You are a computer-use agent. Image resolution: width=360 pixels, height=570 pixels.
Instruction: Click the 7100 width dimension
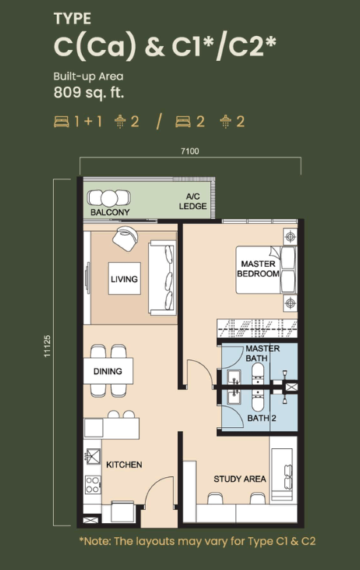tap(190, 150)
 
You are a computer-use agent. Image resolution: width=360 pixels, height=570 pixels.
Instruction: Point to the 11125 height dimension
tap(48, 346)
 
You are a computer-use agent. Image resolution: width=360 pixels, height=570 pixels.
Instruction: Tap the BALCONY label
tap(110, 212)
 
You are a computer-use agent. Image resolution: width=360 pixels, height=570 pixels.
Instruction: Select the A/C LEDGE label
tap(192, 201)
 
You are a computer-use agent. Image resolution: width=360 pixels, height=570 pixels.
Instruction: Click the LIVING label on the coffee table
tap(124, 279)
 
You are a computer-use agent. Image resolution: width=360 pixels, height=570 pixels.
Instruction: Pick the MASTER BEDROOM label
tap(258, 269)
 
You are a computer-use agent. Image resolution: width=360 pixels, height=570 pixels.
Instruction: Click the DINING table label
tap(108, 371)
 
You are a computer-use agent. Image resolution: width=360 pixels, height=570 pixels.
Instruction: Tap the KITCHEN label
tap(124, 465)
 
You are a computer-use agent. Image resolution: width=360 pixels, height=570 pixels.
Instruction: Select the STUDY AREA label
tap(240, 479)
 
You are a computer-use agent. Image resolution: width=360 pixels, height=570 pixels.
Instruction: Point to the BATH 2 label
tap(262, 418)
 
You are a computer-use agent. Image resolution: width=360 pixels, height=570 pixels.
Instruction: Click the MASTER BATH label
tap(263, 353)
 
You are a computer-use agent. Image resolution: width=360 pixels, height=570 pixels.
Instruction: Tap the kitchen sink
tap(93, 457)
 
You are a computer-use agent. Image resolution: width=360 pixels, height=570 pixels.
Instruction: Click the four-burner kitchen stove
tap(93, 484)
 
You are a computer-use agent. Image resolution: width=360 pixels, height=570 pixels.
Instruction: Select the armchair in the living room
tap(125, 239)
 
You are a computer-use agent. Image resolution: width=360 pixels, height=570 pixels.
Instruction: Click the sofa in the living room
tap(161, 278)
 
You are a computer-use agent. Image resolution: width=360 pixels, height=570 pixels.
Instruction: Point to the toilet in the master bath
tap(258, 374)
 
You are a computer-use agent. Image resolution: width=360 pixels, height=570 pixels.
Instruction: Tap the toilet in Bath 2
tap(258, 401)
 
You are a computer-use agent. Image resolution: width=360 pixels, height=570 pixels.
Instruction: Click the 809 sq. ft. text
tap(89, 92)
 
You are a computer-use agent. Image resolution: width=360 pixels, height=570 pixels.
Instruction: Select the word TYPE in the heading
tap(72, 19)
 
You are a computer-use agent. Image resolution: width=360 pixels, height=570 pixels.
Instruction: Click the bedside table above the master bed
tap(290, 237)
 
